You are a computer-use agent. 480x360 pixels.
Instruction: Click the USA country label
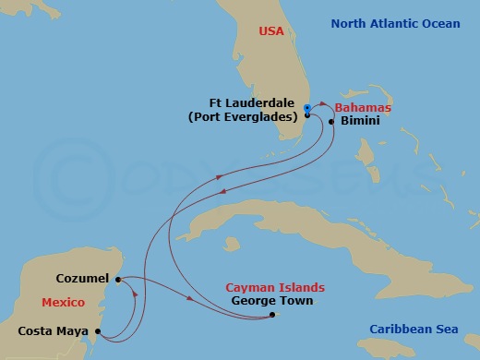coord(271,31)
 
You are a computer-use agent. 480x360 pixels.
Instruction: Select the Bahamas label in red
coord(366,108)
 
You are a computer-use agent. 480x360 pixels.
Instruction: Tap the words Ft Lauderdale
coord(251,103)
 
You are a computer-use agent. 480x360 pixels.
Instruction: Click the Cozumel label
coord(83,278)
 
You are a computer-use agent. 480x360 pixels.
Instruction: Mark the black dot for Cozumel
coord(118,279)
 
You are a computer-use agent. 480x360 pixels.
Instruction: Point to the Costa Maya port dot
coord(98,330)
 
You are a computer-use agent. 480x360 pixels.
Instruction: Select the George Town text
coord(272,301)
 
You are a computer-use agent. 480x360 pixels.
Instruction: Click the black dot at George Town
coord(271,315)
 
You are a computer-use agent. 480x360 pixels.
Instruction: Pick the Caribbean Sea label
coord(413,330)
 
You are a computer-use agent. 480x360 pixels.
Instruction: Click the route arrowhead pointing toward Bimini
coord(324,106)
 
